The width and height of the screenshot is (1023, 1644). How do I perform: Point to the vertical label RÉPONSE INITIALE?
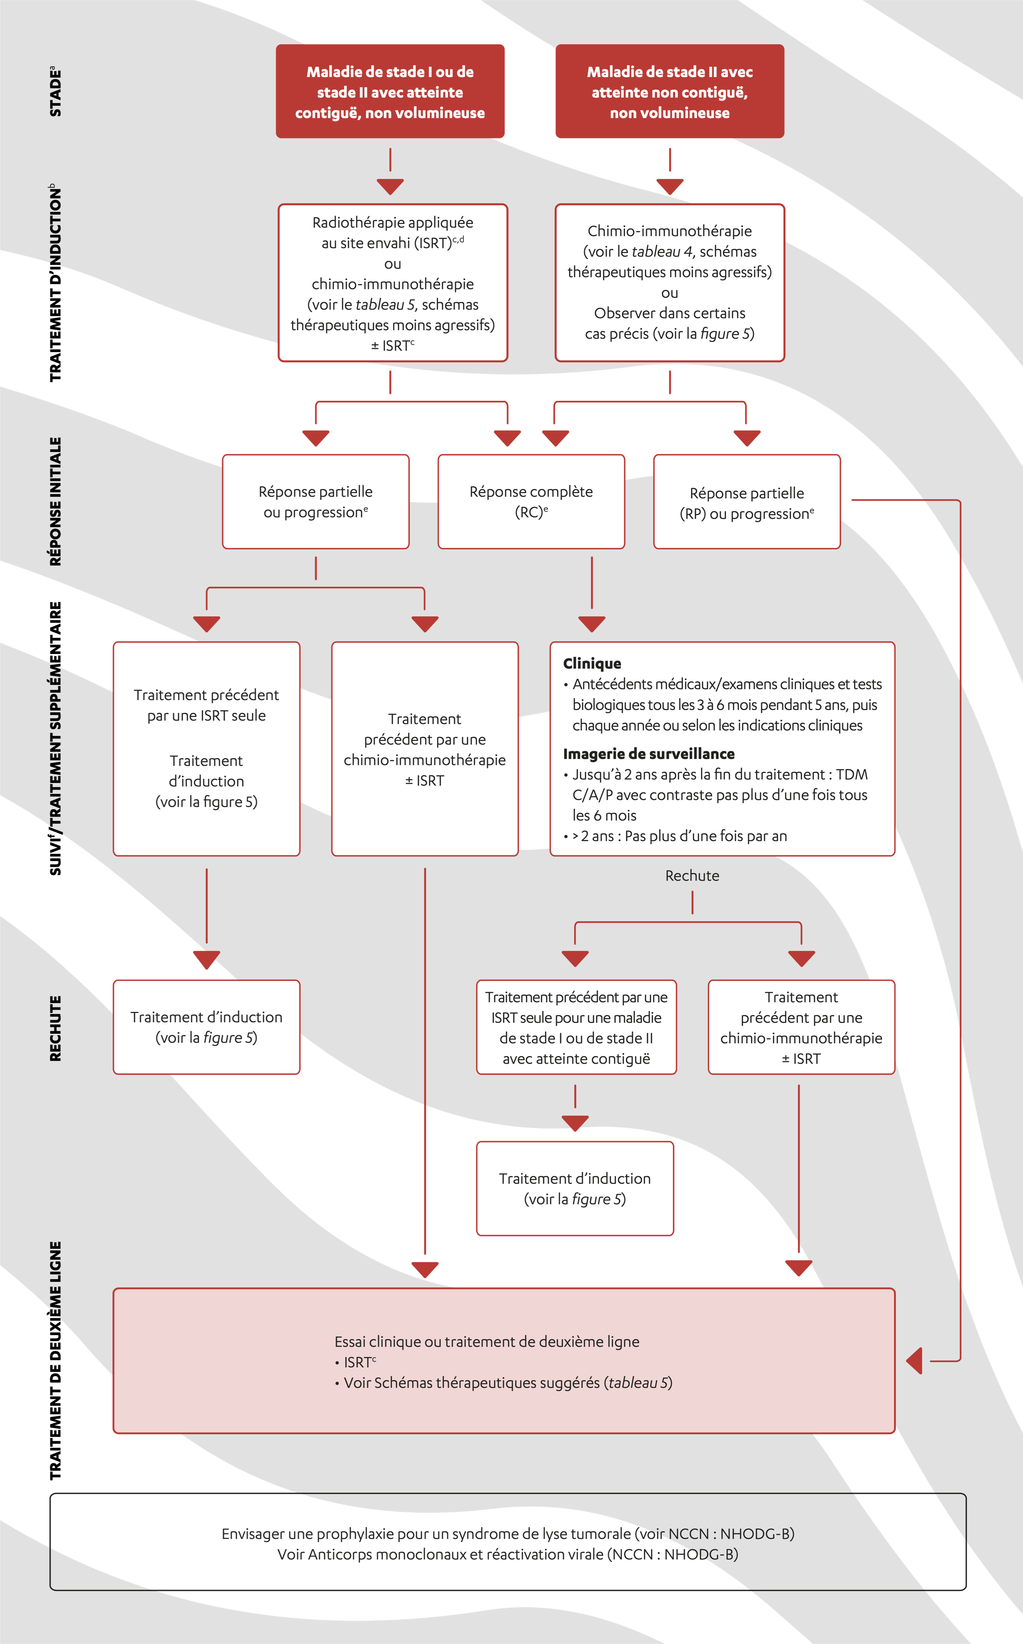pyautogui.click(x=55, y=501)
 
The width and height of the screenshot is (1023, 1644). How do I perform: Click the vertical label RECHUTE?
pyautogui.click(x=55, y=1027)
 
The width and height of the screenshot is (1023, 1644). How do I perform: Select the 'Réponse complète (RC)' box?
pyautogui.click(x=531, y=501)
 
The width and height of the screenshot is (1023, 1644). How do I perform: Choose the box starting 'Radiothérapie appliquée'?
pyautogui.click(x=393, y=283)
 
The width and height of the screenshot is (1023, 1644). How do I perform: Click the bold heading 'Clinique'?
pyautogui.click(x=592, y=663)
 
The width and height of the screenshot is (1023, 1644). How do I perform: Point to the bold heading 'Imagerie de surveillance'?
pyautogui.click(x=648, y=753)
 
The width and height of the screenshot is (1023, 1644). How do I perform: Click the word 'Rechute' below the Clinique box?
pyautogui.click(x=692, y=875)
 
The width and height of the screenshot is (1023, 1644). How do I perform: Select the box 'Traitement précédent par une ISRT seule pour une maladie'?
pyautogui.click(x=576, y=1027)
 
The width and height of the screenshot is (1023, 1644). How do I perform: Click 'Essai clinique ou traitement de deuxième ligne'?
pyautogui.click(x=487, y=1342)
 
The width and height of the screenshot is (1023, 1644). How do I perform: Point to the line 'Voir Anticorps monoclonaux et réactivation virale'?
pyautogui.click(x=508, y=1554)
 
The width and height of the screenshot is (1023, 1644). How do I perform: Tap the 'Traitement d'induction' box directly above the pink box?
pyautogui.click(x=574, y=1188)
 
